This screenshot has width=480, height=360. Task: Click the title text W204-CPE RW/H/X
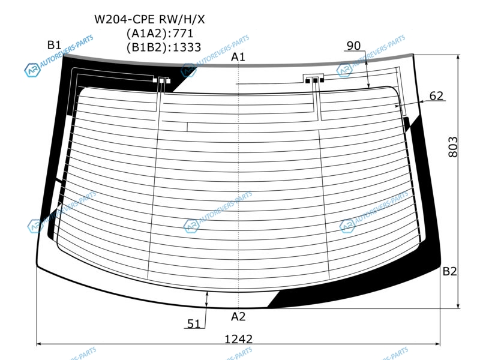point(149,19)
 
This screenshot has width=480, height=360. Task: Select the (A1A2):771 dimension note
point(160,33)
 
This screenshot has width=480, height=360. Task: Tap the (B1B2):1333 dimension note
point(164,47)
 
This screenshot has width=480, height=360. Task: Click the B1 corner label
point(54,45)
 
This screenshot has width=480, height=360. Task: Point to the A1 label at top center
point(238,56)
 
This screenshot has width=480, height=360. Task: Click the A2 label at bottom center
point(238,316)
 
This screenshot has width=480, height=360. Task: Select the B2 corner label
point(449,271)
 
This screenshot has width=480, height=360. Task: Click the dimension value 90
point(353,46)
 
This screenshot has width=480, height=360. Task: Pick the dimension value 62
point(436,96)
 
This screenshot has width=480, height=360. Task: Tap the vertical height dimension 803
point(453,147)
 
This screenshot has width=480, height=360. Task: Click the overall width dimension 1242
point(238,339)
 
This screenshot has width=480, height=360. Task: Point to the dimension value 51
point(193,323)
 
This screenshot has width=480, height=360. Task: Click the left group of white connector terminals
point(161,81)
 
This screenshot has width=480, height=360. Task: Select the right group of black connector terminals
point(314,80)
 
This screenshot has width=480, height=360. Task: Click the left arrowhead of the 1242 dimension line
point(39,344)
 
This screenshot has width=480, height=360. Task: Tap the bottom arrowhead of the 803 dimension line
point(458,306)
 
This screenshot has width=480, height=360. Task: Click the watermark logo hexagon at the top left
point(32,70)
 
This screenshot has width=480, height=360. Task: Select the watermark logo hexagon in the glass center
point(191,226)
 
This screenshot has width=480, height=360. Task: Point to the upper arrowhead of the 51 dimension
point(207,294)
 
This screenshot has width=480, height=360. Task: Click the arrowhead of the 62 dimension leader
point(397,106)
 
